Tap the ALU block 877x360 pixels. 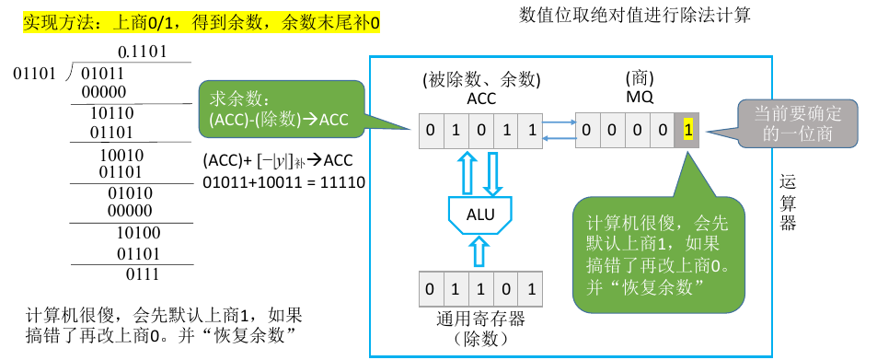[x=480, y=214]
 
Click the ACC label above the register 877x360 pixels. [x=481, y=99]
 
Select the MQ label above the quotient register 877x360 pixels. [x=639, y=99]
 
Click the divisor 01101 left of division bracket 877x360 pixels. [x=35, y=72]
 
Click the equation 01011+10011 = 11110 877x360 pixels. [x=284, y=182]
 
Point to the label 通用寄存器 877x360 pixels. [x=480, y=319]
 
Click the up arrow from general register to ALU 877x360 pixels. [x=480, y=251]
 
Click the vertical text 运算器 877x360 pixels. [x=788, y=202]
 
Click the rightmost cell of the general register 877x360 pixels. [x=531, y=290]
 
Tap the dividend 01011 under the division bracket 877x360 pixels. [x=103, y=72]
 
